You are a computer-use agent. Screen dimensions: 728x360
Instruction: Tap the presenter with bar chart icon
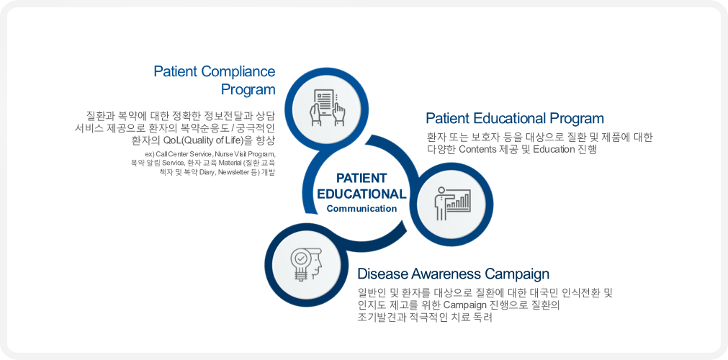click(x=452, y=204)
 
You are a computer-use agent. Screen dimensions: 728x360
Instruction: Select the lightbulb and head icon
click(x=306, y=264)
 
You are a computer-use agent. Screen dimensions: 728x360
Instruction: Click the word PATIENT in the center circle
click(x=361, y=179)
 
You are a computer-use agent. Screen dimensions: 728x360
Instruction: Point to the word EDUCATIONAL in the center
click(x=361, y=194)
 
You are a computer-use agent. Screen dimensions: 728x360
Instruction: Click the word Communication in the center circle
click(x=361, y=209)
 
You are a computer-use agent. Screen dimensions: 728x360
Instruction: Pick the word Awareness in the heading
click(x=441, y=274)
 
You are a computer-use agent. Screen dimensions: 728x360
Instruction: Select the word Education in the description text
click(x=554, y=150)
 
